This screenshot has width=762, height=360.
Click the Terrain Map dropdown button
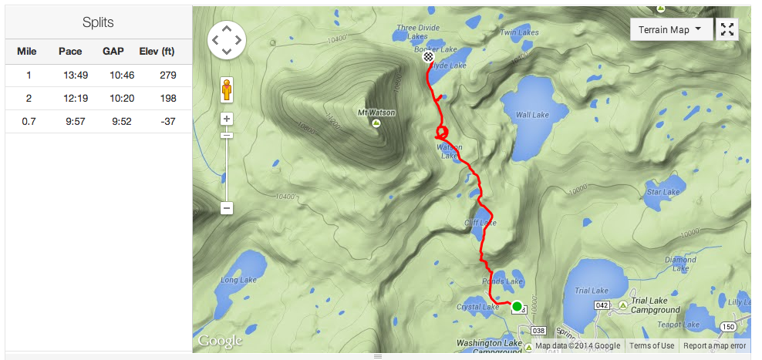669,29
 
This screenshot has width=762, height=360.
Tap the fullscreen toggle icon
727,29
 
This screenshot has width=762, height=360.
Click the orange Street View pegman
227,89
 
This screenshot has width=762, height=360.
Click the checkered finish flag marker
429,56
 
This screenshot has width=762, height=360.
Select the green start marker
517,306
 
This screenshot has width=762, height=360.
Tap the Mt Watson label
376,113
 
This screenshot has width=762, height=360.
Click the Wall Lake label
532,115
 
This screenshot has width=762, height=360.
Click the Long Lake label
238,280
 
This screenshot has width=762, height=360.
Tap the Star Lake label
663,192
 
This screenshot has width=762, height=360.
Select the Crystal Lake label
478,307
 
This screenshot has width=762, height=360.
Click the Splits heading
98,22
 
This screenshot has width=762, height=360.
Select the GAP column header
113,52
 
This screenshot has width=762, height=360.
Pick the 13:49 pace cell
70,75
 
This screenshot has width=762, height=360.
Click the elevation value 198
168,99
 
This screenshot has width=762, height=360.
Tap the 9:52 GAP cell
113,122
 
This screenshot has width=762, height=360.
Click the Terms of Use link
652,346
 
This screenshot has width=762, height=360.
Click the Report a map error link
715,346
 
